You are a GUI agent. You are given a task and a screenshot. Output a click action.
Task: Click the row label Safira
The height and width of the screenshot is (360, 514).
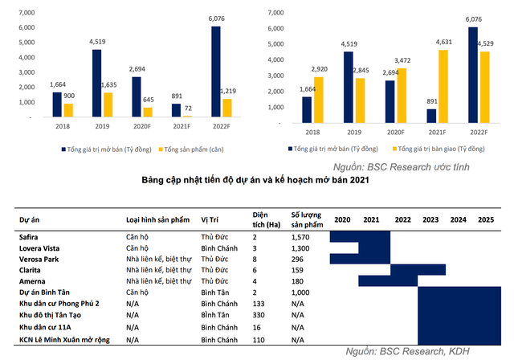tap(29, 238)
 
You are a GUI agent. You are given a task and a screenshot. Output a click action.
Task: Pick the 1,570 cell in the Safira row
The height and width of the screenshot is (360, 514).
tap(301, 238)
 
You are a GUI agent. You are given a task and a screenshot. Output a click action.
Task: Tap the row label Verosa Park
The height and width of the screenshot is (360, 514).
tap(40, 260)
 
